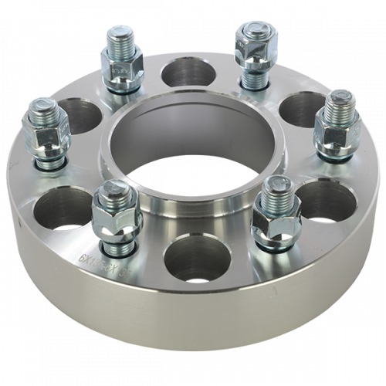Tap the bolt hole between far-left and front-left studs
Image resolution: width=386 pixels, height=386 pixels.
point(56,209)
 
